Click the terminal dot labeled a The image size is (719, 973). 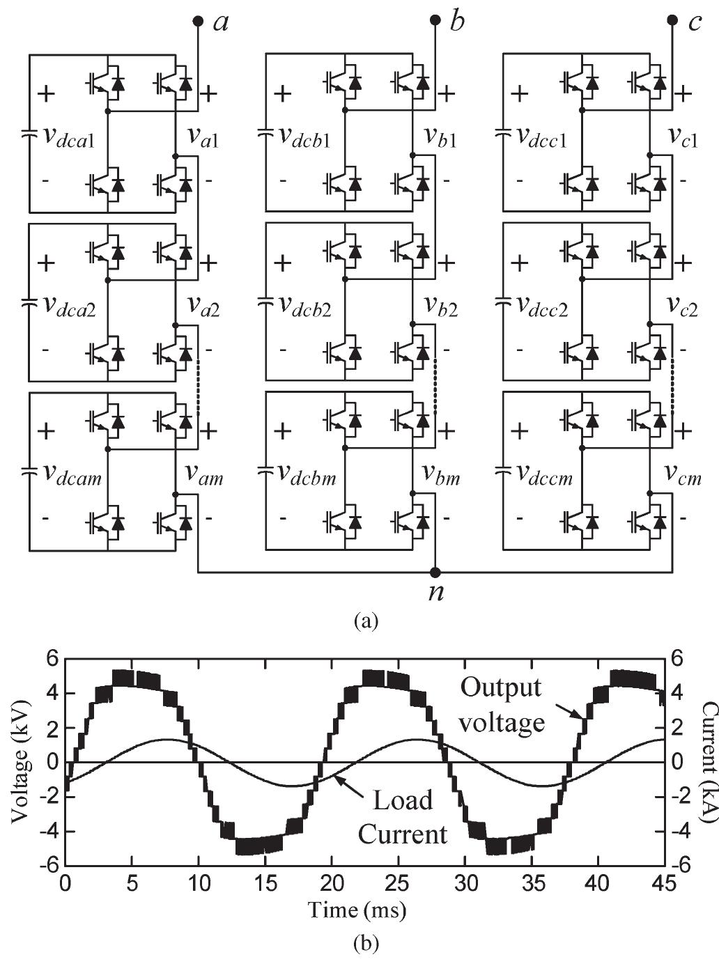tap(198, 21)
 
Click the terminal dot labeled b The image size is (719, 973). tap(435, 21)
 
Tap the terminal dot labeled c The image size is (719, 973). tap(672, 21)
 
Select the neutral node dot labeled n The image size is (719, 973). tap(435, 573)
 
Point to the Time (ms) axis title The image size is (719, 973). tap(357, 909)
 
